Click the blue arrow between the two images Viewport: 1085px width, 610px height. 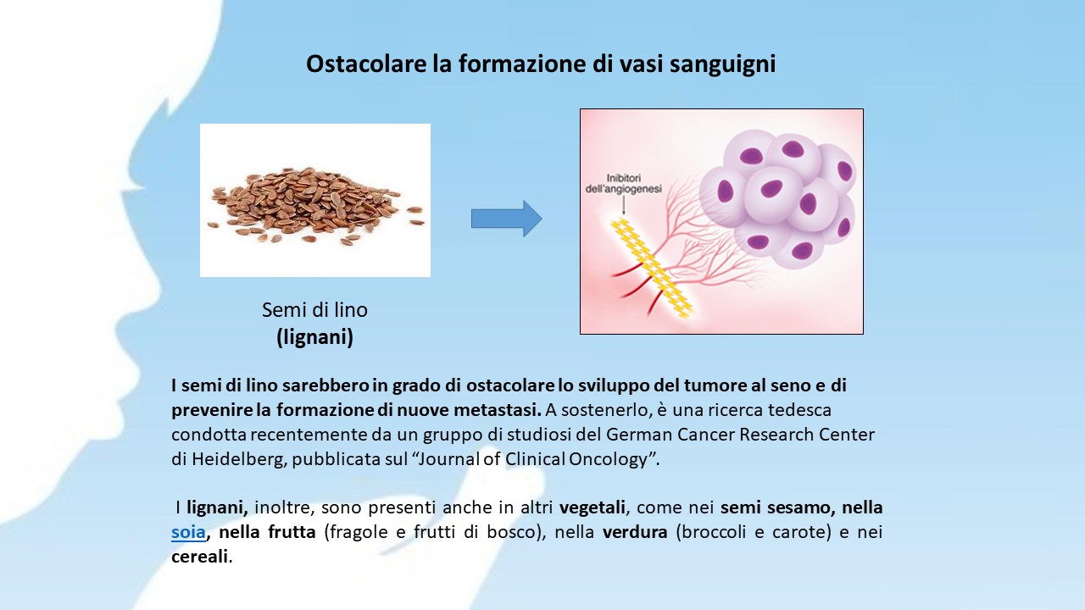coord(507,219)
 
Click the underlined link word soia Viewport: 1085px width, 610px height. coord(188,532)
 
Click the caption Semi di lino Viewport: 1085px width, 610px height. coord(314,310)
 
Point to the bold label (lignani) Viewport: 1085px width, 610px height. coord(314,337)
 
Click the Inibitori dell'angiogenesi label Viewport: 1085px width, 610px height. coord(623,184)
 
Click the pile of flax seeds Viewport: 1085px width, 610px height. coord(314,206)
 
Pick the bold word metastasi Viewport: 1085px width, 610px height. coord(497,410)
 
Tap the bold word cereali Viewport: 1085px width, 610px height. coord(199,557)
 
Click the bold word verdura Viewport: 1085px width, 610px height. coord(635,532)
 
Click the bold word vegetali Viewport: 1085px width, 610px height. coord(593,507)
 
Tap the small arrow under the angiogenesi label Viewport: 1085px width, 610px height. coord(623,205)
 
